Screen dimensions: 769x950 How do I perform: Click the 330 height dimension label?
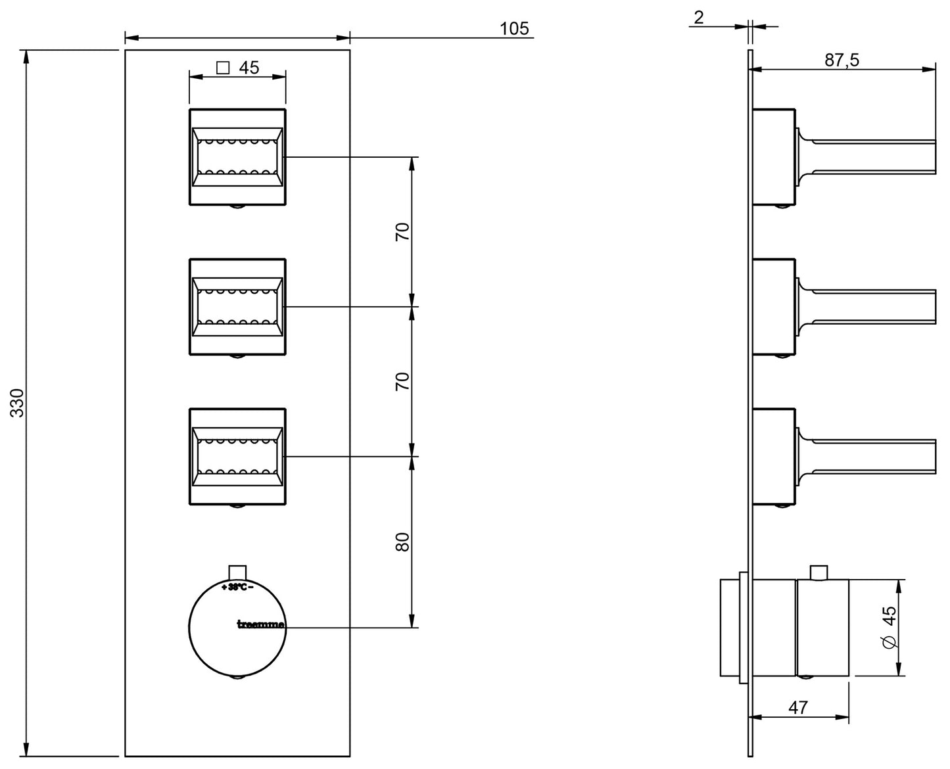(x=18, y=402)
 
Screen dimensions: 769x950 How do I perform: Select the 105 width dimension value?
(x=514, y=28)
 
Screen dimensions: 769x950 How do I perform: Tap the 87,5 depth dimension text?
(x=842, y=60)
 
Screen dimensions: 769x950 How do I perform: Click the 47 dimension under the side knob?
(x=797, y=707)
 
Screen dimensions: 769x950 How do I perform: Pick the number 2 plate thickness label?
(x=699, y=17)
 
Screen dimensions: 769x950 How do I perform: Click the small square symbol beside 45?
(x=223, y=68)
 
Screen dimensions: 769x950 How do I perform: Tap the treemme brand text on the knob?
(x=260, y=624)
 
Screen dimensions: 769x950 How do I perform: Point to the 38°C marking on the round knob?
(x=237, y=587)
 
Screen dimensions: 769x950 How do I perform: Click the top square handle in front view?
(x=237, y=156)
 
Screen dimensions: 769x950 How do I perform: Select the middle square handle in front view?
(x=237, y=306)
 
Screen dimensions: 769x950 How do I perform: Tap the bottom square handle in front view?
(x=237, y=456)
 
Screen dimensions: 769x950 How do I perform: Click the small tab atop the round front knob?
(x=237, y=571)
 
